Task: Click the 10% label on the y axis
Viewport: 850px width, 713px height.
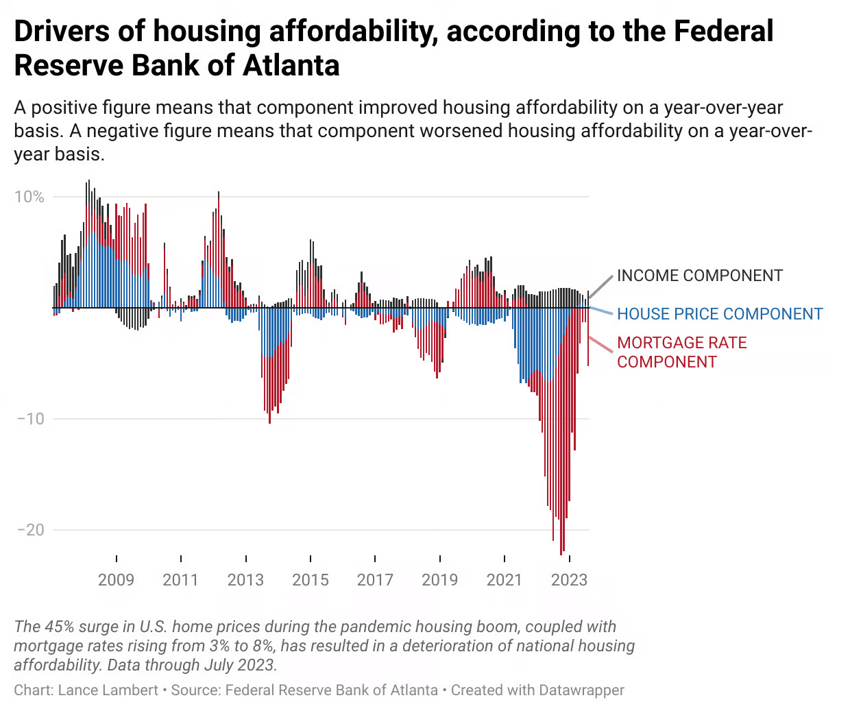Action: coord(29,197)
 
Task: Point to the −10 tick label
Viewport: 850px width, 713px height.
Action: coord(30,419)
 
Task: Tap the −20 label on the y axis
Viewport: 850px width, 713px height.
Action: coord(30,530)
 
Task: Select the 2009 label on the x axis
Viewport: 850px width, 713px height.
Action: coord(116,580)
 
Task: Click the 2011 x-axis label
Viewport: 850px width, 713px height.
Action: coord(180,580)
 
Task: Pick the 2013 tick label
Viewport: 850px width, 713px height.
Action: coord(245,580)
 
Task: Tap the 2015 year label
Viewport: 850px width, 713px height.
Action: coord(310,580)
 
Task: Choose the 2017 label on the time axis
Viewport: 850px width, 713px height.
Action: coord(375,580)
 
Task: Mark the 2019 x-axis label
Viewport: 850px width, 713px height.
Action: coord(439,580)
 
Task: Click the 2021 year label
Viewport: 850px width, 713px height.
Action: coord(505,580)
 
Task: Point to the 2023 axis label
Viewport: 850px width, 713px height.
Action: coord(569,580)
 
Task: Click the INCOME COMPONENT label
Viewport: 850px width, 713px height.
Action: coord(699,276)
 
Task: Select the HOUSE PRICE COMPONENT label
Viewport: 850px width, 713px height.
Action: coord(720,314)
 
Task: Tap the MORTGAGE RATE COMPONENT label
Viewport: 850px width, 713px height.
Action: coord(681,352)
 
